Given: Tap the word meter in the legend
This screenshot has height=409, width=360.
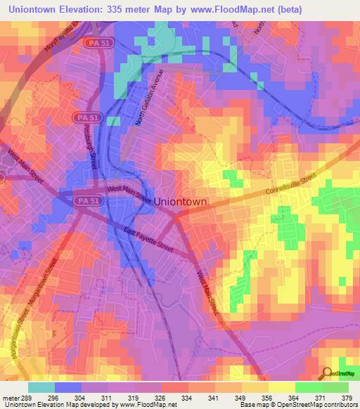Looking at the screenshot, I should (11, 398).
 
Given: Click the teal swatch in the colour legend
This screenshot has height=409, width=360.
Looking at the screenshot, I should (41, 387).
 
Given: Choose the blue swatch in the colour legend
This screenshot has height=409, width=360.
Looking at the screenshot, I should (68, 387).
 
